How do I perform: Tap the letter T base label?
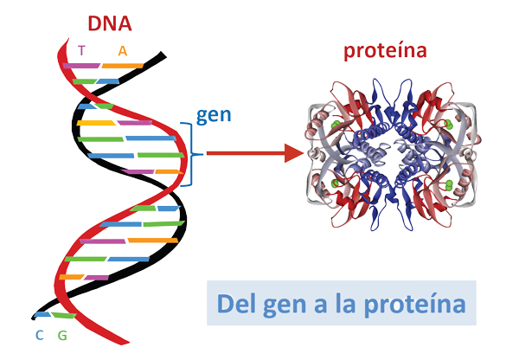click(81, 51)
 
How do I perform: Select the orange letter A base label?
click(123, 50)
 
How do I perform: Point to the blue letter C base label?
click(40, 336)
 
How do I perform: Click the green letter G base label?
click(61, 336)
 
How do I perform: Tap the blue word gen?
click(214, 115)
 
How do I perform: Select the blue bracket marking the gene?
click(188, 154)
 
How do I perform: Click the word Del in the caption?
click(238, 305)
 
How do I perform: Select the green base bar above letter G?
click(62, 314)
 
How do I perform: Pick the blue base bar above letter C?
click(41, 314)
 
